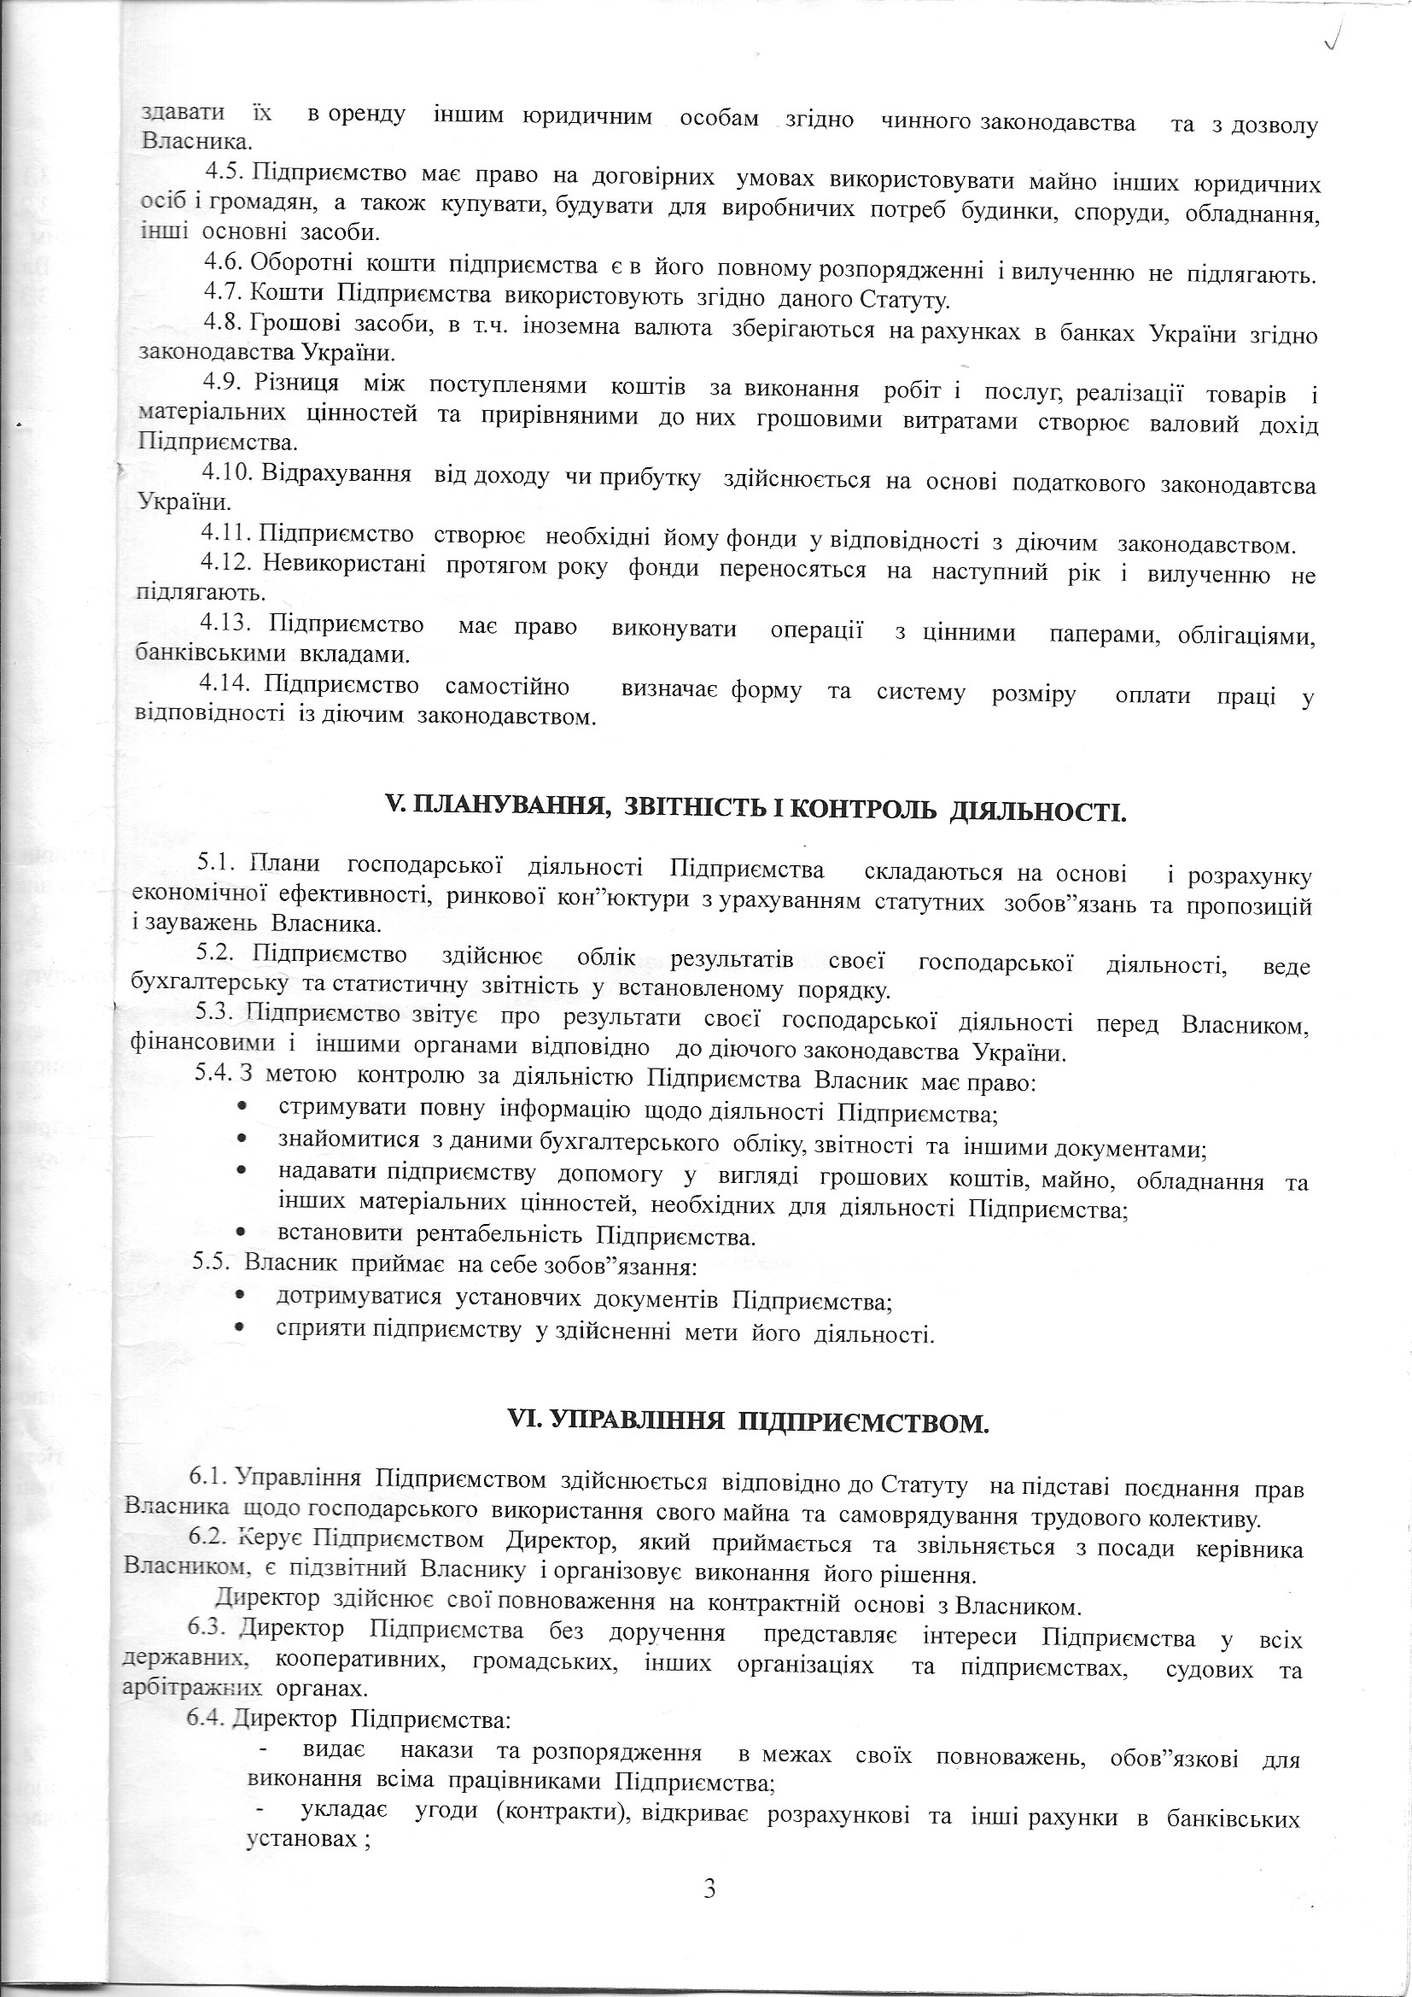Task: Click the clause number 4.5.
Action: pyautogui.click(x=228, y=173)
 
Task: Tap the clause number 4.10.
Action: pyautogui.click(x=227, y=475)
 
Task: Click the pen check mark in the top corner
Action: pyautogui.click(x=1333, y=34)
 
